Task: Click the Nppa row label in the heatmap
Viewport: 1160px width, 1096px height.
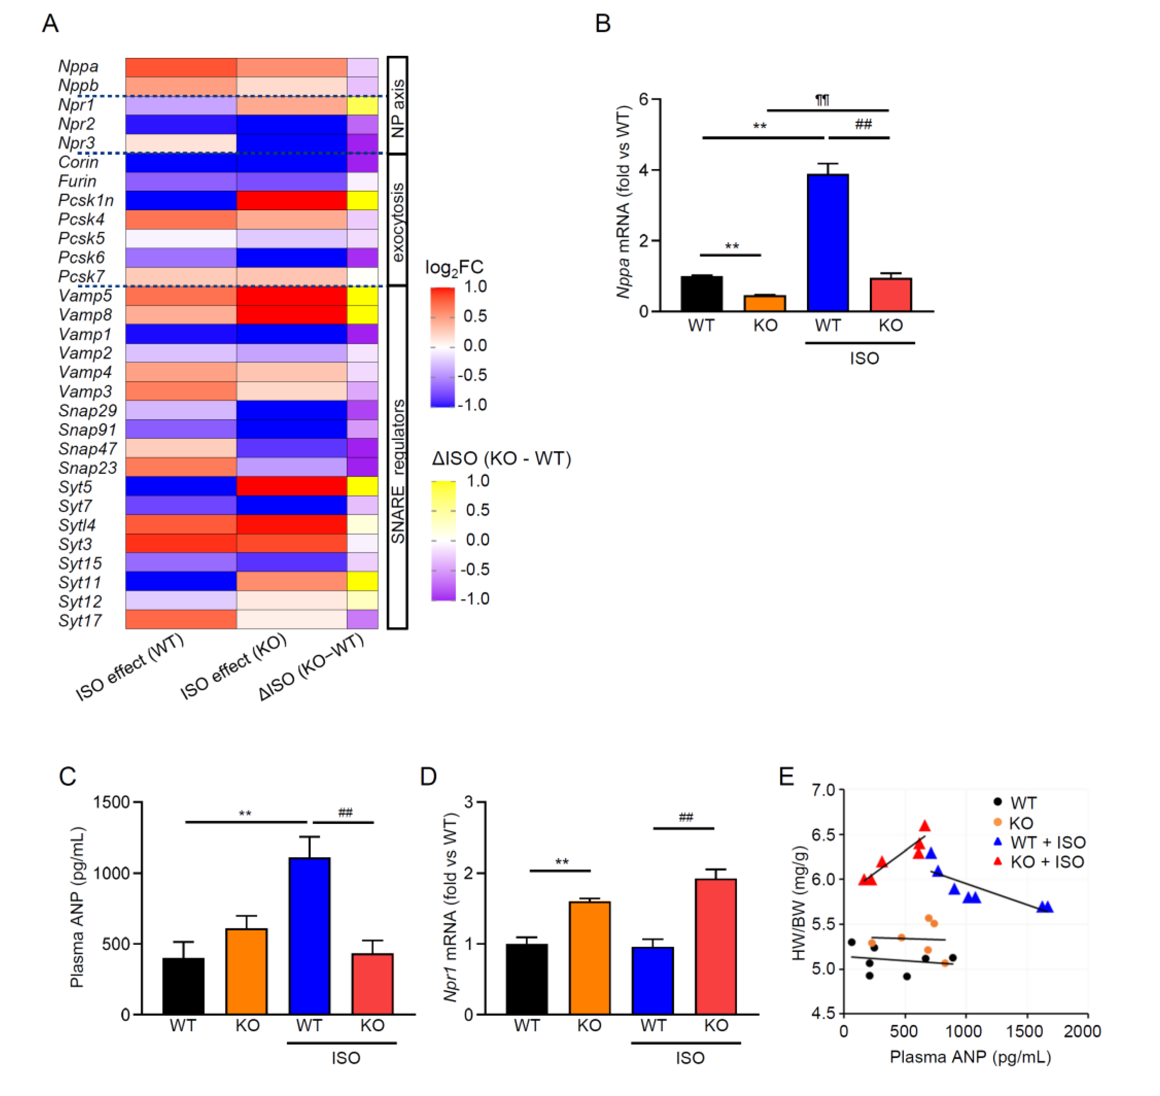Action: click(78, 67)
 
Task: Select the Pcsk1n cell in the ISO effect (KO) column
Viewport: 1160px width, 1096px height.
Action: click(292, 201)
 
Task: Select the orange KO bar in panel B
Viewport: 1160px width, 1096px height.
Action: click(765, 303)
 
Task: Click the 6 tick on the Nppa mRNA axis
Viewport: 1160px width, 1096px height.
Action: click(643, 99)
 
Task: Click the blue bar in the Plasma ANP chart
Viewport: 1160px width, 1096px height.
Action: click(309, 935)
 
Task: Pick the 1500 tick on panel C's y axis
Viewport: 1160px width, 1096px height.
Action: click(111, 802)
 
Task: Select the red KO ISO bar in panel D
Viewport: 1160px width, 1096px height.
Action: click(715, 947)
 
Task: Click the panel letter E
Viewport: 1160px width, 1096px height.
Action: click(786, 776)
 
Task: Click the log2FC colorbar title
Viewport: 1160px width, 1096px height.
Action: click(454, 268)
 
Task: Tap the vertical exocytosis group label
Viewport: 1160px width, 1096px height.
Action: click(398, 222)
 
